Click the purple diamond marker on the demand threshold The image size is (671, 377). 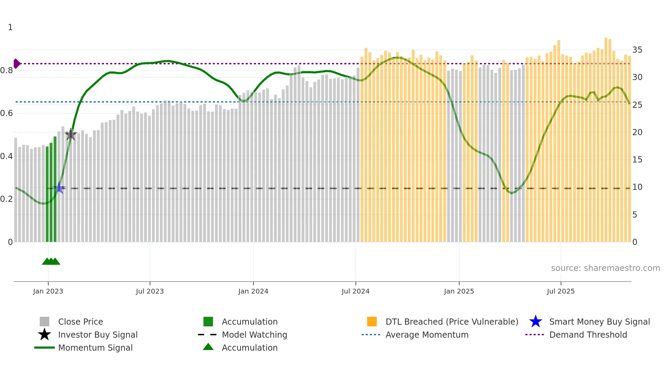point(16,64)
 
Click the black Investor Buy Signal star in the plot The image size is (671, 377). point(71,134)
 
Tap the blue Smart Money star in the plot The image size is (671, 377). point(60,188)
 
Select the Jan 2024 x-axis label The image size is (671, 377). point(253,291)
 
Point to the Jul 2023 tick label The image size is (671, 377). point(150,291)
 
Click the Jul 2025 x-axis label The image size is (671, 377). point(560,291)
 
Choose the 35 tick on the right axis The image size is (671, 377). point(637,50)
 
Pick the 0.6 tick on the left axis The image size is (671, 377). point(7,113)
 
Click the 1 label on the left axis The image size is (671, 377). point(10,27)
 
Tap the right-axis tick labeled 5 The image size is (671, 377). point(635,215)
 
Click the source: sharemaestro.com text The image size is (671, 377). point(605,268)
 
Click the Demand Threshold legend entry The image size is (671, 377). point(588,335)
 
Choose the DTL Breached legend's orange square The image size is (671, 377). point(372,322)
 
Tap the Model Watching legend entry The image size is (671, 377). point(254,335)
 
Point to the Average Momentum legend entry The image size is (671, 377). point(427,335)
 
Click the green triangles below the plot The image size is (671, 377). point(51,261)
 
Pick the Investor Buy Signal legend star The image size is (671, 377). point(45,335)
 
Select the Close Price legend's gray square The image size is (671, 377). point(45,322)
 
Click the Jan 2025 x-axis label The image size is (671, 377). point(459,291)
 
